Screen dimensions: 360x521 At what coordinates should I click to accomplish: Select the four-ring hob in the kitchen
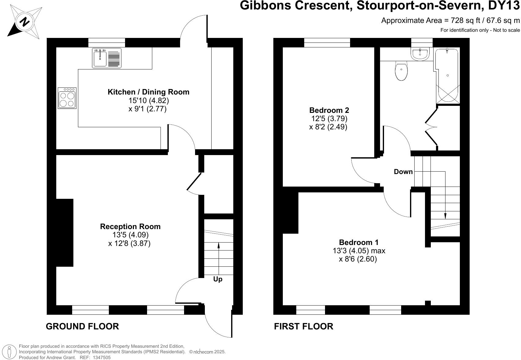coord(67,98)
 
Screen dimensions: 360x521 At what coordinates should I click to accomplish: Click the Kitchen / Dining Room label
coord(148,92)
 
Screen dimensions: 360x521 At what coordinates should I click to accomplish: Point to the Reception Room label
coord(130,227)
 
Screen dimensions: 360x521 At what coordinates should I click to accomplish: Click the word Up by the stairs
coord(218,279)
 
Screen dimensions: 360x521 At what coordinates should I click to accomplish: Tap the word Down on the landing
coord(403,172)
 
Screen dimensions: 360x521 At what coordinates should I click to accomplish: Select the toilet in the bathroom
coord(401,71)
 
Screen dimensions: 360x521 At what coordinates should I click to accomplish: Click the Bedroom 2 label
coord(329,110)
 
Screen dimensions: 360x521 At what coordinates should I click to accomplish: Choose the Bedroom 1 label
coord(359,243)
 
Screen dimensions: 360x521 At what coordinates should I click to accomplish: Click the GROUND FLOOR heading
coord(82,326)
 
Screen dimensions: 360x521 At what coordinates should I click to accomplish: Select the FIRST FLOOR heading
coord(303,326)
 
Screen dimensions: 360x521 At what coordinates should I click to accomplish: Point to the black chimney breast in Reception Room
coord(65,232)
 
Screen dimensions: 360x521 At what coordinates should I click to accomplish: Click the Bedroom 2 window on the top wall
coord(327,43)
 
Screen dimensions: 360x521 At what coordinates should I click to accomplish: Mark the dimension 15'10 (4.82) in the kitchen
coord(148,101)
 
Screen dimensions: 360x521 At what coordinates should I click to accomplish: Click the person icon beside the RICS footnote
coord(9,352)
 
